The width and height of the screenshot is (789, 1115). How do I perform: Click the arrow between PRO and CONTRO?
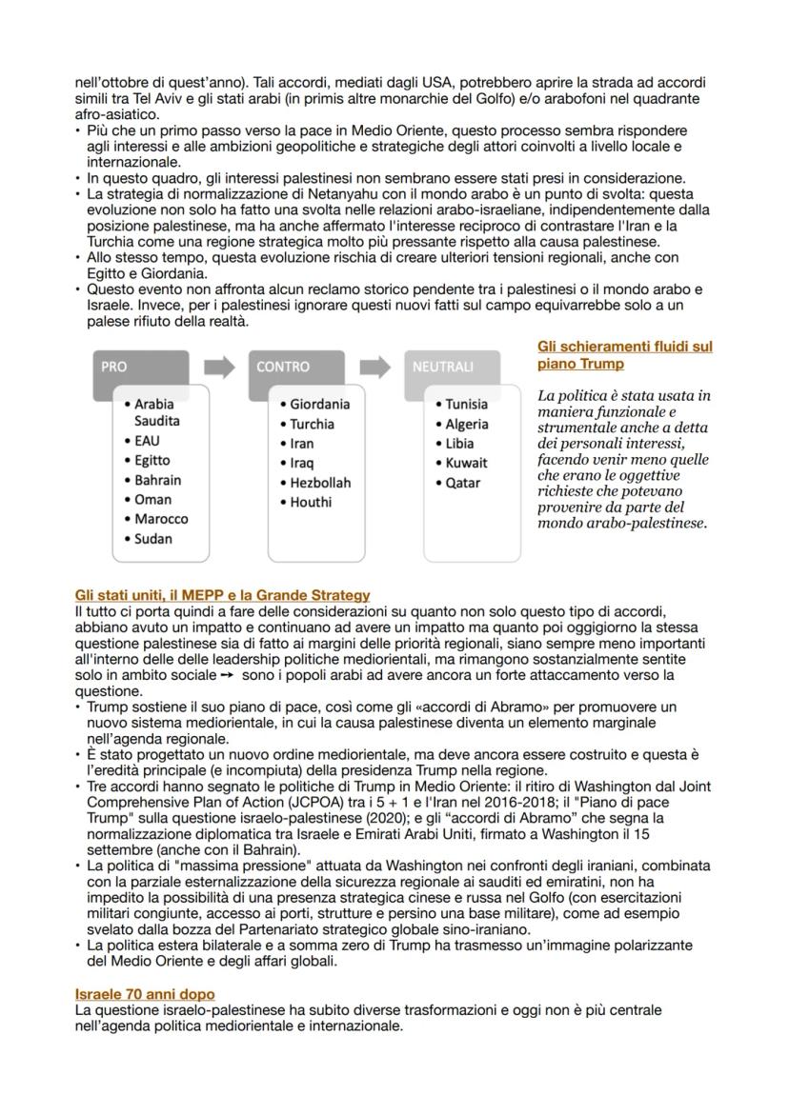[220, 366]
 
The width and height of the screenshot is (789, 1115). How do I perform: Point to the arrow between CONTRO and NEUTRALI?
[375, 366]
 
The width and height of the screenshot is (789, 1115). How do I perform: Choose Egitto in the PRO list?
[152, 461]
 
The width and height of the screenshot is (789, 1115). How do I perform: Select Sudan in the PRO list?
[152, 539]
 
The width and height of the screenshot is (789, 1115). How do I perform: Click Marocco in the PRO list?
[161, 519]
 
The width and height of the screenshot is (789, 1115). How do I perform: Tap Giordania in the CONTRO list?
[319, 404]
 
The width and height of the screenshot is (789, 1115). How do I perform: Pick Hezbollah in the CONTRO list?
[319, 483]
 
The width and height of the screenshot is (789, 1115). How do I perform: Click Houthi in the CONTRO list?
[312, 502]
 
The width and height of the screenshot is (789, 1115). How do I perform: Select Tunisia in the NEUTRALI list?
[466, 404]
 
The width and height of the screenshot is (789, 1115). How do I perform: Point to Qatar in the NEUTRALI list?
[462, 483]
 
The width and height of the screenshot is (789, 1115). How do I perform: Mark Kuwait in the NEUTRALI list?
[466, 463]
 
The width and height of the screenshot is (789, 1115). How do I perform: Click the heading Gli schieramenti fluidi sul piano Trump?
[624, 355]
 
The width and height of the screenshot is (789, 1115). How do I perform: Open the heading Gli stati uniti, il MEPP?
[222, 595]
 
